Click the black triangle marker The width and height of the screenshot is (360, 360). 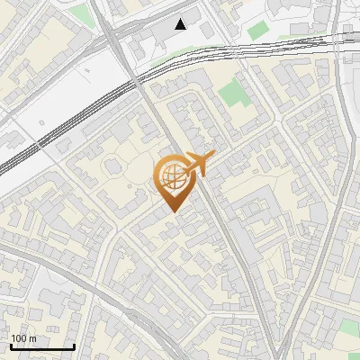click(x=182, y=23)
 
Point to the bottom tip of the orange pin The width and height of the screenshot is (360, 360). click(x=172, y=212)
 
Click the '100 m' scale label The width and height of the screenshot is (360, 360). click(x=23, y=338)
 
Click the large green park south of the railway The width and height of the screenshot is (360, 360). click(x=232, y=93)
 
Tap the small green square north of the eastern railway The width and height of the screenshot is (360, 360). click(x=258, y=30)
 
